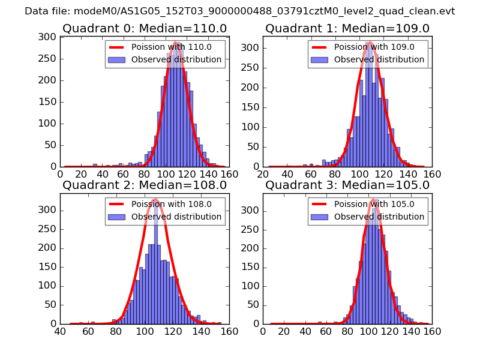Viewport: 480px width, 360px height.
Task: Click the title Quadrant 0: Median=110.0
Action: [145, 29]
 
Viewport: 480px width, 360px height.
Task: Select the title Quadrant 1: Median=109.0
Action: [347, 29]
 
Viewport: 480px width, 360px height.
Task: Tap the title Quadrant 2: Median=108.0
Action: [145, 185]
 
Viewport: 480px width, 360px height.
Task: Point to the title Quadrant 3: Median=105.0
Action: [347, 185]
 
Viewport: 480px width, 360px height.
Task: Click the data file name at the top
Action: [239, 11]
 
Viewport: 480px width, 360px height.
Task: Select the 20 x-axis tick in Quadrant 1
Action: [263, 173]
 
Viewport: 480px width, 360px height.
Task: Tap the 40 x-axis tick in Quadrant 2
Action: [60, 331]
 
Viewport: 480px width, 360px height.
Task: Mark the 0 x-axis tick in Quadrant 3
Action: [263, 331]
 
